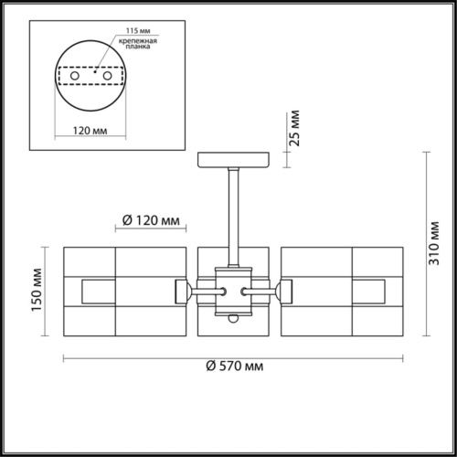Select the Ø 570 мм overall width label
[234, 367]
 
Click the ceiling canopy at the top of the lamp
[234, 160]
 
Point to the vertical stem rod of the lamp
[234, 210]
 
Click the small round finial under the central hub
[234, 319]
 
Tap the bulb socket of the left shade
[181, 292]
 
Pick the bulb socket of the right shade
[286, 292]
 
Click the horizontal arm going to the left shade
[202, 292]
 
